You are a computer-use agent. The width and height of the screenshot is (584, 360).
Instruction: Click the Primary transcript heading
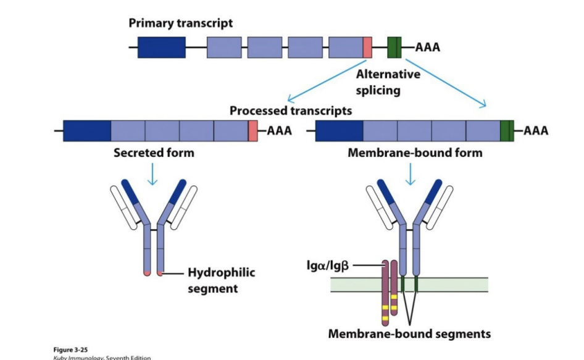tap(181, 23)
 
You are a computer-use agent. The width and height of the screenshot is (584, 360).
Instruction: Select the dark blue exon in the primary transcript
tap(161, 48)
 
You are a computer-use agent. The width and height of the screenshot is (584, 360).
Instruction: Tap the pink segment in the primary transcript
tap(367, 48)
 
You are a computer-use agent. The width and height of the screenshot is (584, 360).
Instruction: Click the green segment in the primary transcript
tap(394, 48)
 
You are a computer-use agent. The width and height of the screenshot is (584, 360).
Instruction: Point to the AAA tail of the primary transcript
tap(428, 48)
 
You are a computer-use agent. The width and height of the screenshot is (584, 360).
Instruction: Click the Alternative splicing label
tap(388, 82)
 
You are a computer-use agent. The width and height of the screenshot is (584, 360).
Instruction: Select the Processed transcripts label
tap(291, 111)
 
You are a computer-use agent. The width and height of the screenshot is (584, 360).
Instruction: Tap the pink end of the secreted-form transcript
tap(253, 131)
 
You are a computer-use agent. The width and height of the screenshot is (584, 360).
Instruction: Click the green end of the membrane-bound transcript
tap(507, 131)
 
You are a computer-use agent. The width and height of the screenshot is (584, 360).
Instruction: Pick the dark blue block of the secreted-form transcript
tap(87, 131)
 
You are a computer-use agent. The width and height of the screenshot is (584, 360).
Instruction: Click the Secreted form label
tap(154, 152)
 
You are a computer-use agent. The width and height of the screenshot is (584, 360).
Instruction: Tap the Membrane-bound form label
tap(415, 152)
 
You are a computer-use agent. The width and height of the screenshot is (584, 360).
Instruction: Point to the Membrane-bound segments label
tap(409, 333)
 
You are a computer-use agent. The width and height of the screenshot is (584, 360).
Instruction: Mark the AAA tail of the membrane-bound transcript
tap(535, 131)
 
